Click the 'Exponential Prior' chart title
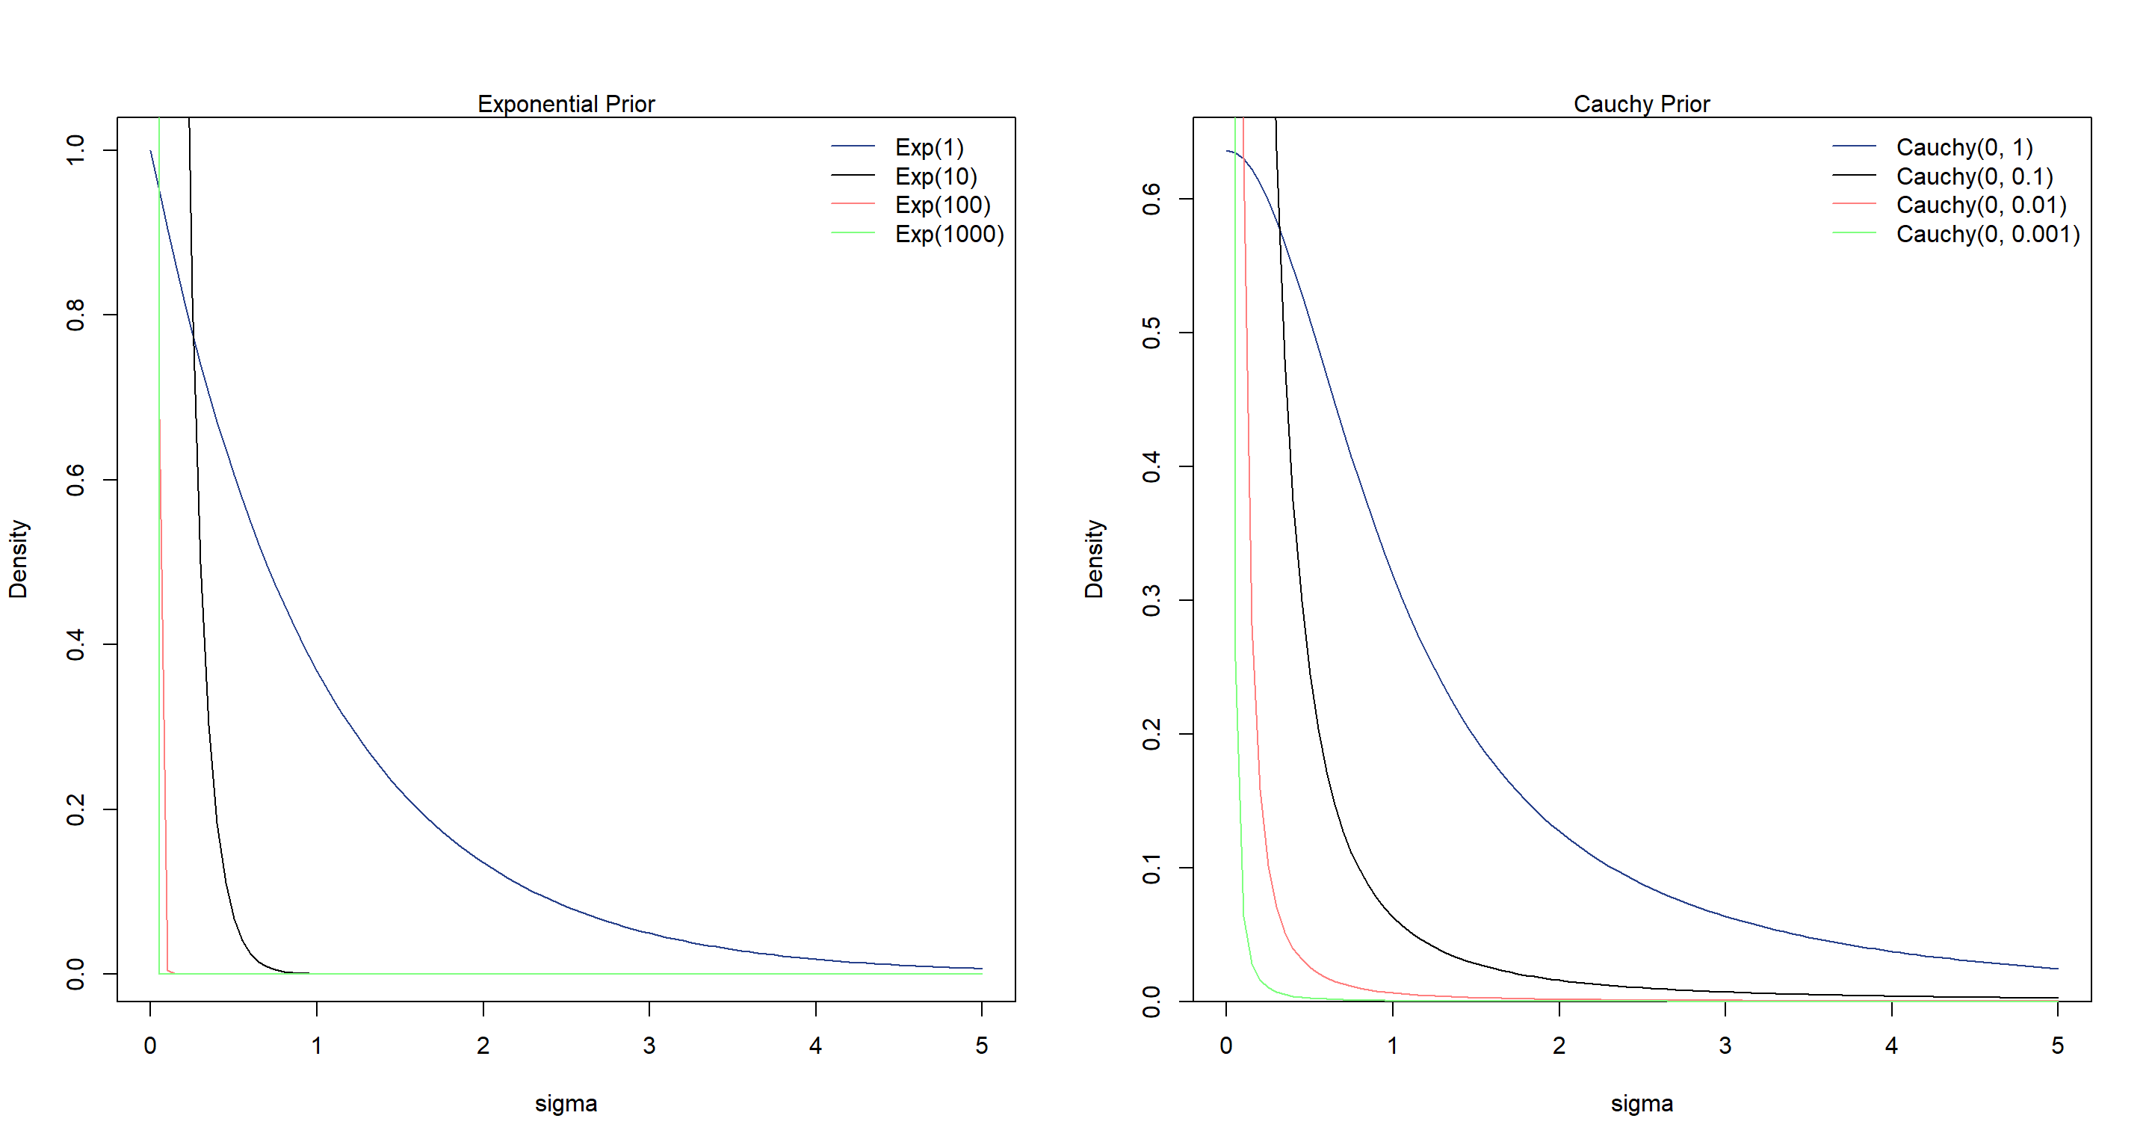click(x=566, y=104)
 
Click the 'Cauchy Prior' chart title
click(x=1641, y=104)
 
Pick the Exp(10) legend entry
click(x=936, y=176)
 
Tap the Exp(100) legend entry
click(x=942, y=205)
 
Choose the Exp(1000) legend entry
click(x=949, y=234)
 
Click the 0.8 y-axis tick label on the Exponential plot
click(x=75, y=315)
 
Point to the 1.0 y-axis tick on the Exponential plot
click(x=75, y=150)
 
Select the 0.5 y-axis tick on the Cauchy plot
click(x=1151, y=333)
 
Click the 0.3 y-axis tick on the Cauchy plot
click(x=1151, y=600)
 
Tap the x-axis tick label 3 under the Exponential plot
click(x=649, y=1045)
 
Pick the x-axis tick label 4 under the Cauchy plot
click(x=1891, y=1045)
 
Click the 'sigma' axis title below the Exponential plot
click(x=566, y=1104)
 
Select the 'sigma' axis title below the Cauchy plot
click(x=1642, y=1104)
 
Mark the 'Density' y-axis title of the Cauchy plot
click(x=1093, y=559)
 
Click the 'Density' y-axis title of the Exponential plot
click(x=17, y=559)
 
